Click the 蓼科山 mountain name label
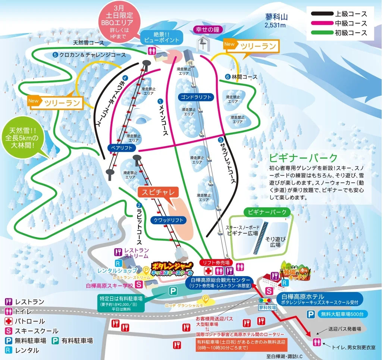pyautogui.click(x=277, y=17)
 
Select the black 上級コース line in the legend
pyautogui.click(x=322, y=14)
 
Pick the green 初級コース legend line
pyautogui.click(x=322, y=33)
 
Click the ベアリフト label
pyautogui.click(x=120, y=147)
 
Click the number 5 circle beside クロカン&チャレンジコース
pyautogui.click(x=55, y=55)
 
